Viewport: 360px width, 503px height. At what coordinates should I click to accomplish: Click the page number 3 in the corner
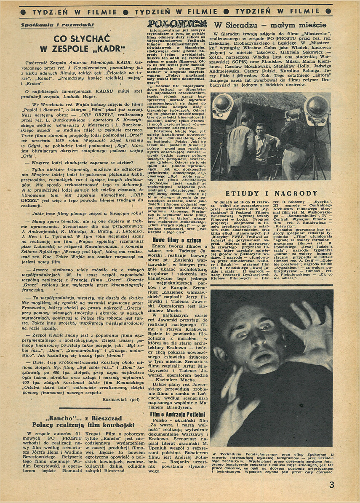[x=332, y=484]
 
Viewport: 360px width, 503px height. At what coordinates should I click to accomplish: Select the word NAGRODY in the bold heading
[x=296, y=193]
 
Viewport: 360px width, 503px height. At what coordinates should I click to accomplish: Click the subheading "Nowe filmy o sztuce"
[x=167, y=240]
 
